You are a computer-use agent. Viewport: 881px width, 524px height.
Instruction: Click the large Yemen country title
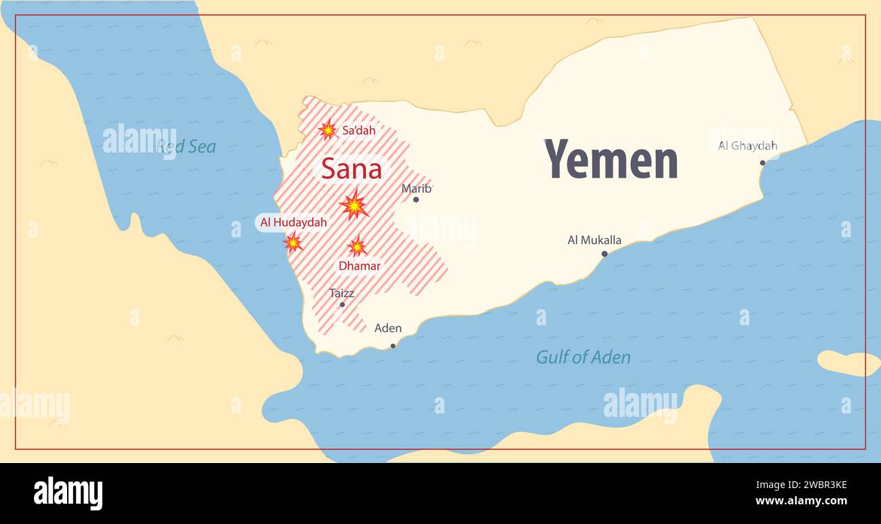point(611,159)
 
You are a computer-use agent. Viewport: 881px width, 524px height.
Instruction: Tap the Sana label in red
point(351,169)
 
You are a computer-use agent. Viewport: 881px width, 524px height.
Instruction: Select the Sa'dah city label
point(358,130)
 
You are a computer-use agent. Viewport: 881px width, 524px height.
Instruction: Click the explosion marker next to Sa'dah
point(327,129)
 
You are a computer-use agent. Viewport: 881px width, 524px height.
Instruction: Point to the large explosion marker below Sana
point(354,205)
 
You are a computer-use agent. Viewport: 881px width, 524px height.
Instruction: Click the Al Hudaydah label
point(293,222)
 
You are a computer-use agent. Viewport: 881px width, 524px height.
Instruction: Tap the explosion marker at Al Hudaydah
point(293,242)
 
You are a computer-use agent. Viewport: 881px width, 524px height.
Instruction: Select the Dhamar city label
point(359,266)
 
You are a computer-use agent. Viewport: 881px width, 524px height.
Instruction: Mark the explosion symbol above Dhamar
point(356,247)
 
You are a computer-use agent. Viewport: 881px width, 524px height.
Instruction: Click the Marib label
point(416,188)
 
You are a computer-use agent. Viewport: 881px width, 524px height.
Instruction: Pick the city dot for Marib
point(415,199)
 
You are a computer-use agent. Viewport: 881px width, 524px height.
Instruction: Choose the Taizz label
point(342,294)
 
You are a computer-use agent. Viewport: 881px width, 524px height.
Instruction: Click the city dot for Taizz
point(342,304)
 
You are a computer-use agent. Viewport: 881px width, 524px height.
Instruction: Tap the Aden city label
point(388,328)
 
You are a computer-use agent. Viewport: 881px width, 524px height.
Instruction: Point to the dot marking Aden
point(392,346)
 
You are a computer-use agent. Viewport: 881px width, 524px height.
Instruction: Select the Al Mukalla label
point(594,240)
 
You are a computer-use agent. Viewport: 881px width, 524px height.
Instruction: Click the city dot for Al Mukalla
point(605,254)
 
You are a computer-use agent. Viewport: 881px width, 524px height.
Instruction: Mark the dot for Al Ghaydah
point(762,163)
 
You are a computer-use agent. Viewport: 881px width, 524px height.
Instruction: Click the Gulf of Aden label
point(583,357)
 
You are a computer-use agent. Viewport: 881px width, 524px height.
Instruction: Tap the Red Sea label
point(186,146)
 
